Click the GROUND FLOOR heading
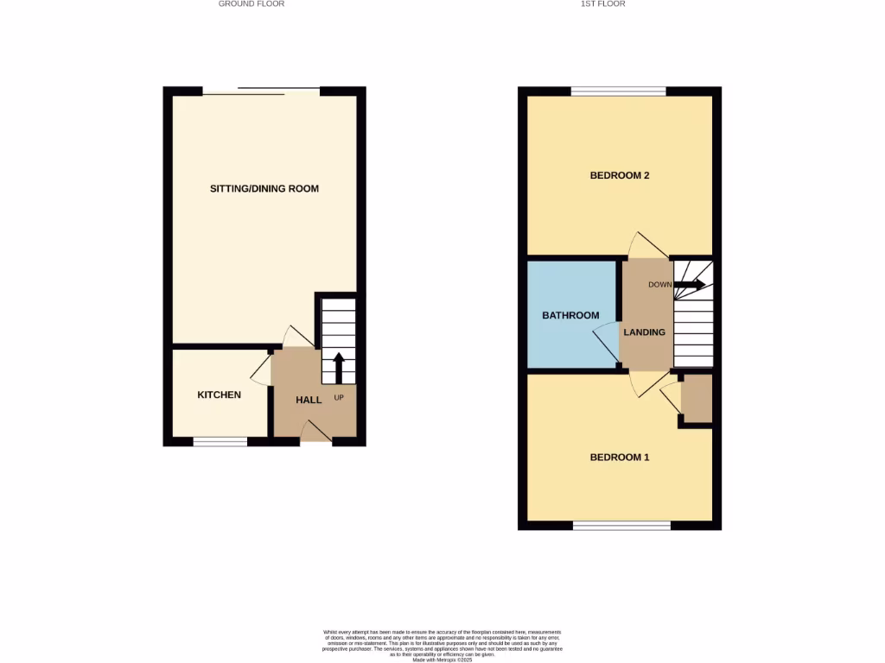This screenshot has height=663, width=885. tap(251, 4)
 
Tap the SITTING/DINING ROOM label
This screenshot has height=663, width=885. tap(264, 188)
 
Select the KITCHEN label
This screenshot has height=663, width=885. tap(220, 395)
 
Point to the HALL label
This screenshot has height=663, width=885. tap(309, 400)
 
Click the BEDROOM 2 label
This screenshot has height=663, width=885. tap(620, 175)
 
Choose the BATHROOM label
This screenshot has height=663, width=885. tap(570, 315)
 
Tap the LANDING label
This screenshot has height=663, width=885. tap(645, 332)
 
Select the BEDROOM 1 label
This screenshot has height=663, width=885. tap(620, 457)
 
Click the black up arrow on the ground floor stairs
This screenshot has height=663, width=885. tap(338, 366)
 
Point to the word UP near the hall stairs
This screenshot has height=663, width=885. tap(339, 398)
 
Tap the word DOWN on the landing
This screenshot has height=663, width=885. tap(660, 284)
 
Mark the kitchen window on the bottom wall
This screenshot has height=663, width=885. tap(220, 441)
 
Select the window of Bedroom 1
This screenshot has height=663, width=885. tap(621, 525)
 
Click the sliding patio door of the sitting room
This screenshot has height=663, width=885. tap(262, 91)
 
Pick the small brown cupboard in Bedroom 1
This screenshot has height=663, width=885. tap(697, 399)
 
